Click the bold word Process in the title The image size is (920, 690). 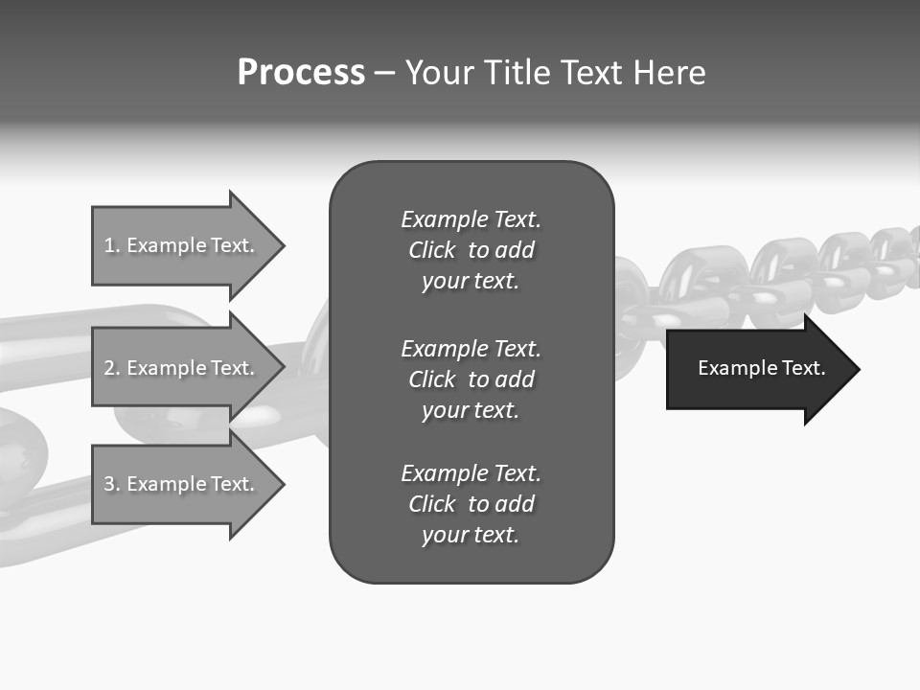(301, 73)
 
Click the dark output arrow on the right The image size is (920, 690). (757, 368)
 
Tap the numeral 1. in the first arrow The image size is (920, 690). (112, 245)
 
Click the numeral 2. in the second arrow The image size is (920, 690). (112, 368)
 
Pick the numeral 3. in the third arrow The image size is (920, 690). (112, 484)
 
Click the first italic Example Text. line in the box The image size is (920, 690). (471, 219)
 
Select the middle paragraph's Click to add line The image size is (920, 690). (471, 379)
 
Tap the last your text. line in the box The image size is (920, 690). (471, 535)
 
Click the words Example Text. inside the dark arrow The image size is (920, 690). (761, 368)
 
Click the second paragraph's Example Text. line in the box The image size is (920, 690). (471, 349)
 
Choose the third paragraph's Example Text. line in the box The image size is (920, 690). (471, 473)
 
